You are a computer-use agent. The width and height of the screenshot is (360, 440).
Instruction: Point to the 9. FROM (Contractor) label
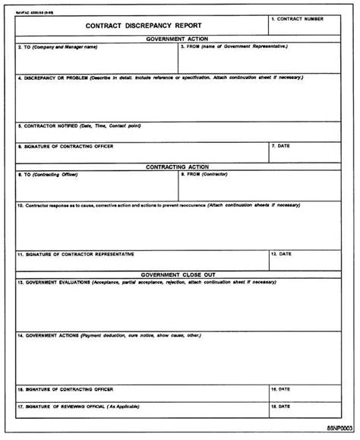[209, 174]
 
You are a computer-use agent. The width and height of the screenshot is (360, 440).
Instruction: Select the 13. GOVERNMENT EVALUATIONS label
[144, 282]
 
